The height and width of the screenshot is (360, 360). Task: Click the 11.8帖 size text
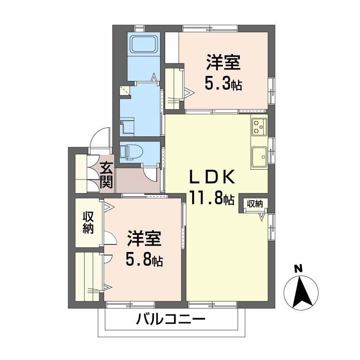coord(211,198)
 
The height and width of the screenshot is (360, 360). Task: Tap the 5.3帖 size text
coord(224,83)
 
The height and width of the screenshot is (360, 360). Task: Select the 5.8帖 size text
coord(144,260)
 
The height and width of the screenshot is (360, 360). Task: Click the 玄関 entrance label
coord(106,175)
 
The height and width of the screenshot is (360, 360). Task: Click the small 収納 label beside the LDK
coord(255,204)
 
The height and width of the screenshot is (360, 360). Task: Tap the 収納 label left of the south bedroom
coord(88,222)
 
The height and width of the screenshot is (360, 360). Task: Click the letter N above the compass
coord(297,269)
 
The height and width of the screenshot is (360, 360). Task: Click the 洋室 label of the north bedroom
coord(223,63)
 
